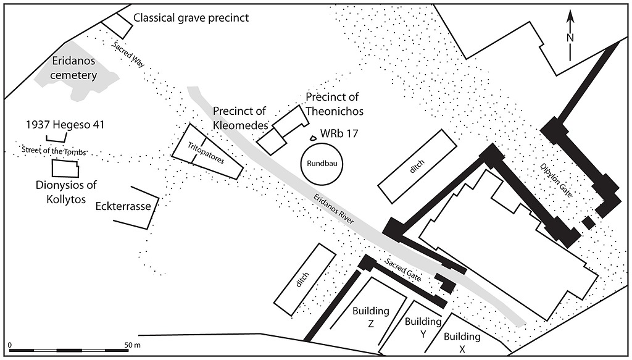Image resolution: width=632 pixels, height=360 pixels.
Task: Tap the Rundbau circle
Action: pyautogui.click(x=321, y=164)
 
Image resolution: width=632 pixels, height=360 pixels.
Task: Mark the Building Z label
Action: pyautogui.click(x=371, y=317)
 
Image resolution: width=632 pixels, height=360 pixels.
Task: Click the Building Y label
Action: pyautogui.click(x=423, y=329)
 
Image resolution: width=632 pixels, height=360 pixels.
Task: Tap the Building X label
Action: pyautogui.click(x=462, y=343)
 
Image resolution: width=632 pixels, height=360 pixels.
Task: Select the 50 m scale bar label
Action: pyautogui.click(x=132, y=343)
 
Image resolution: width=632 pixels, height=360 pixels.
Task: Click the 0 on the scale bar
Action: pyautogui.click(x=10, y=343)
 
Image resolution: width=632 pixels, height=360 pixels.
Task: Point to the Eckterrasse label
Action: pyautogui.click(x=123, y=206)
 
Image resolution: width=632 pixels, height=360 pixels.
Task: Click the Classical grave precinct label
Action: pyautogui.click(x=191, y=18)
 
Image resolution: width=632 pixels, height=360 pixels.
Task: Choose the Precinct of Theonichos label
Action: pyautogui.click(x=334, y=104)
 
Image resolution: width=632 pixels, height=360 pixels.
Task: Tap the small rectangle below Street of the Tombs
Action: pyautogui.click(x=65, y=169)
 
